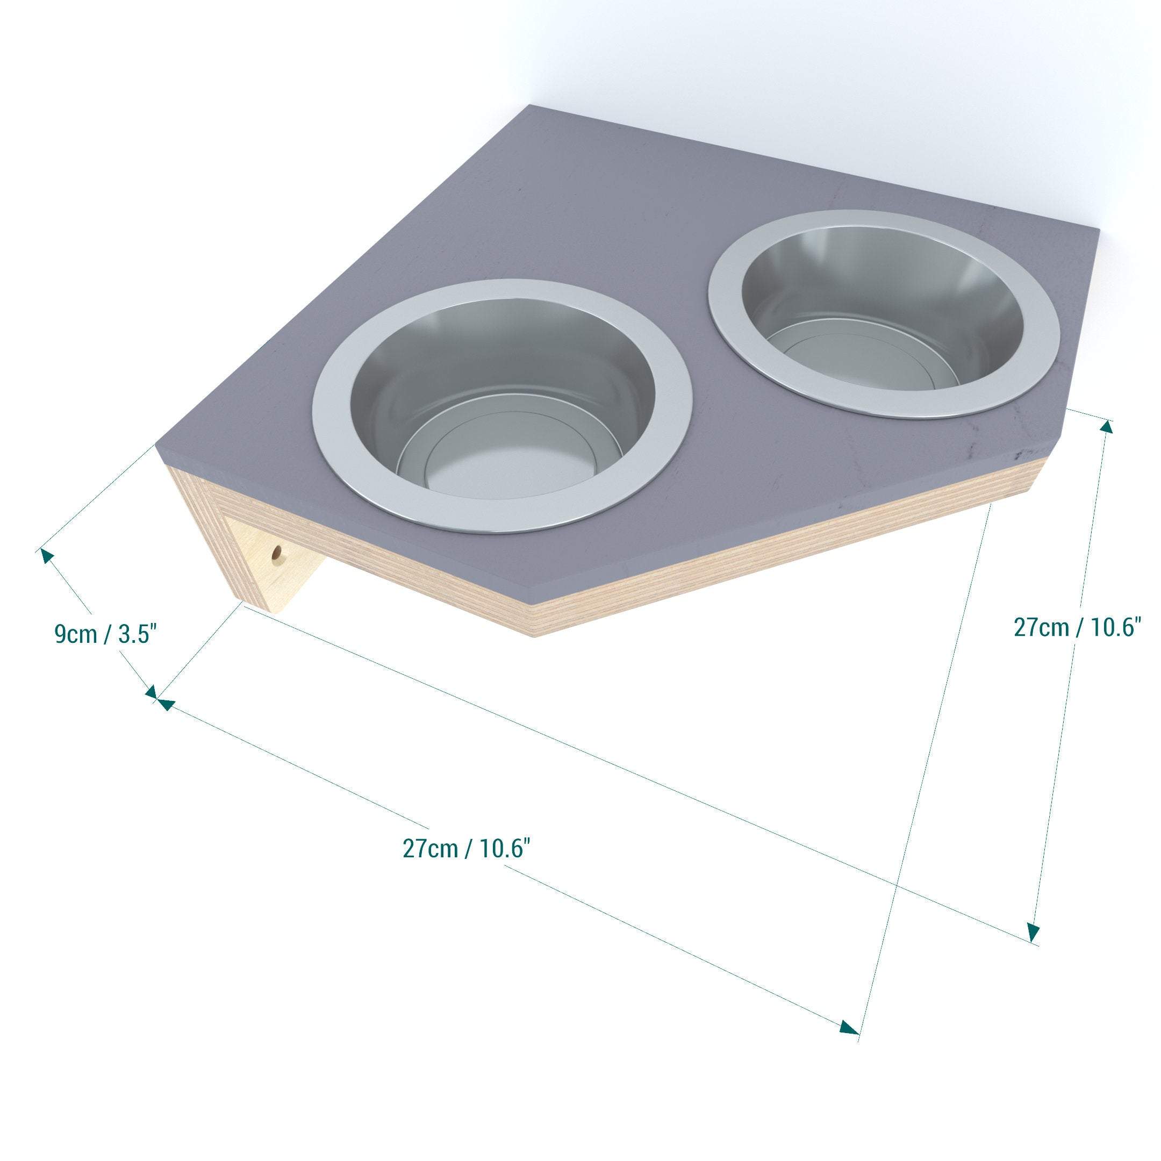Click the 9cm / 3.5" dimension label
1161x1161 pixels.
[x=106, y=635]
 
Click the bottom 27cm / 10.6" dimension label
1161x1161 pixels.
[x=467, y=849]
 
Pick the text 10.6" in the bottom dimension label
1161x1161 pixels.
[x=505, y=849]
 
